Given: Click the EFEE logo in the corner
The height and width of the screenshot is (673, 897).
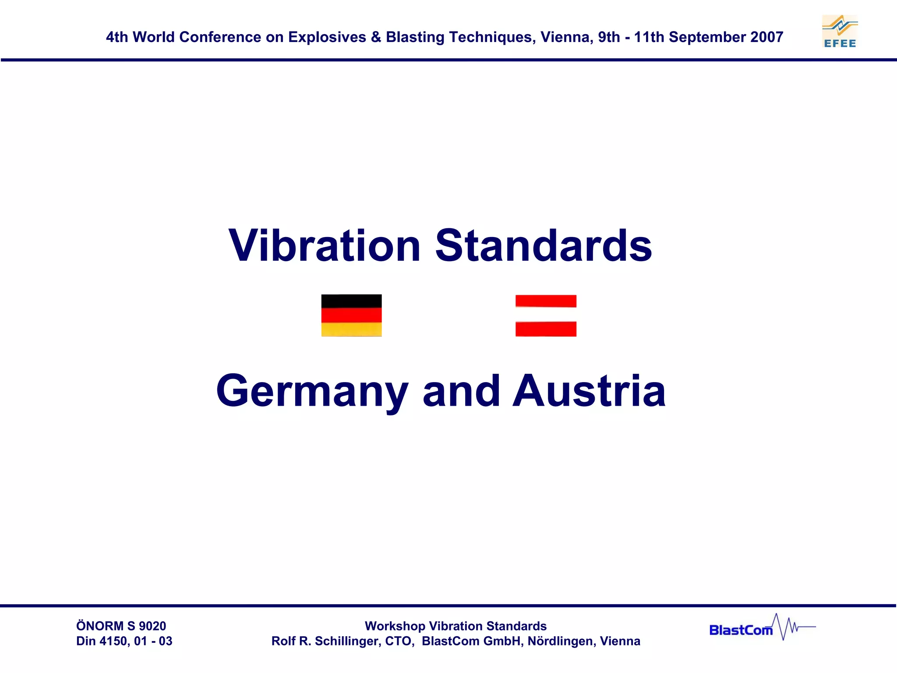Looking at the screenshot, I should tap(840, 31).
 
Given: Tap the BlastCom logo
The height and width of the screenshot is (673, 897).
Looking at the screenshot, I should tap(762, 627).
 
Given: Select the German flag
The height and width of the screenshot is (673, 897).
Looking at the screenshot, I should tap(351, 315).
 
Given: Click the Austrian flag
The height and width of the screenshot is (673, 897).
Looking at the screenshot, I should tap(546, 315).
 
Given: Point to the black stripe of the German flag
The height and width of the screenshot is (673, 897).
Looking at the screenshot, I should tap(351, 301).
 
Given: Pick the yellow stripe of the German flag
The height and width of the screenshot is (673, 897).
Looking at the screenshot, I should tap(351, 329).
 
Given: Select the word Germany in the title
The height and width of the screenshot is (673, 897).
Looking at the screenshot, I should tap(312, 391).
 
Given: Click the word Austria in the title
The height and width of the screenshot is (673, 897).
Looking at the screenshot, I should tap(589, 391).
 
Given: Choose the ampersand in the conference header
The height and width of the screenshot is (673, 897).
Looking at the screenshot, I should tap(376, 37).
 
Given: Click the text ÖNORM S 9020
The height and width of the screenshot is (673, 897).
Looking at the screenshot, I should tap(121, 626).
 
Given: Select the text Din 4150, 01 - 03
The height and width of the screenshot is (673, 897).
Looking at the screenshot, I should tap(124, 641).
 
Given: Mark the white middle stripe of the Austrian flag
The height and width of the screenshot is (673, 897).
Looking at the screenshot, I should tap(546, 315).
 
